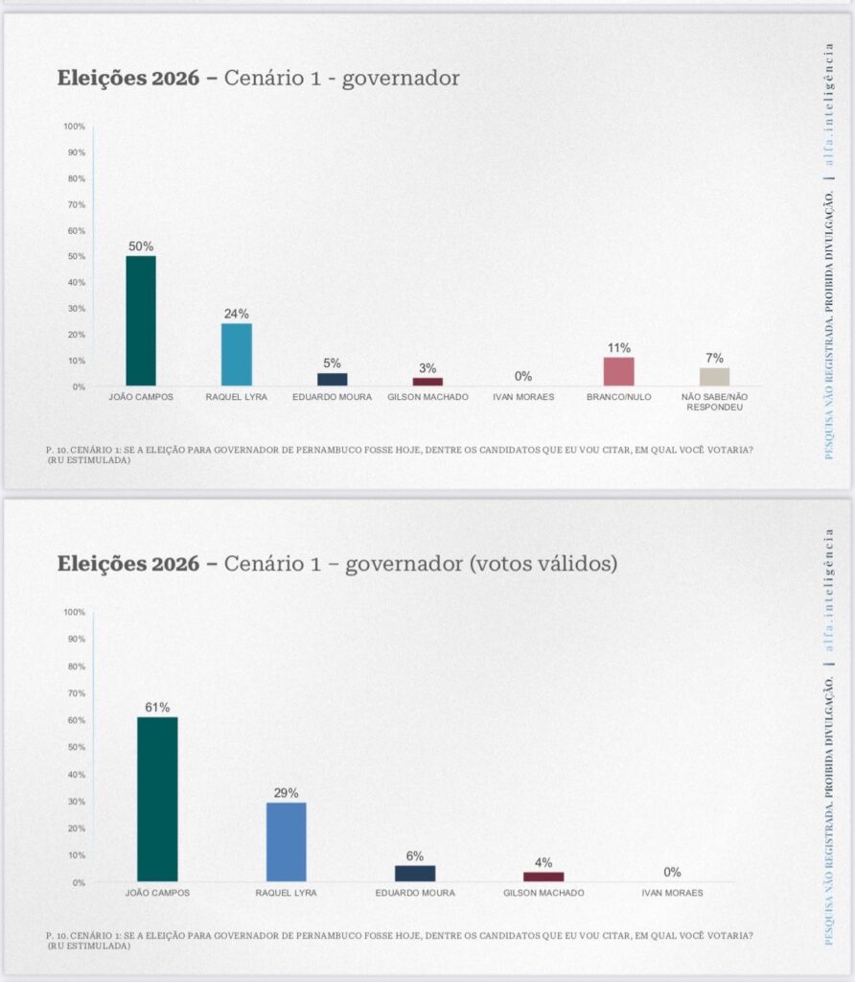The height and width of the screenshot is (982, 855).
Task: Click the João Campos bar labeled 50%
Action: click(x=140, y=321)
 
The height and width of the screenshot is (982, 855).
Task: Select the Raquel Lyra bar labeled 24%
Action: click(x=236, y=355)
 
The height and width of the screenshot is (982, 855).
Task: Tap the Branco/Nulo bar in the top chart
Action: click(x=618, y=371)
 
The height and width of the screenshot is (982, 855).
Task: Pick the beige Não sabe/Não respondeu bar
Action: click(x=714, y=377)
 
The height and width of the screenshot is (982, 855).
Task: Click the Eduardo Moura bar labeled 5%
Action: click(x=332, y=380)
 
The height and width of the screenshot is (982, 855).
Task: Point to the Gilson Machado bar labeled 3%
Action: click(x=427, y=382)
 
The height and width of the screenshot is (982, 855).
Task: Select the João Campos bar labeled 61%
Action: click(x=157, y=799)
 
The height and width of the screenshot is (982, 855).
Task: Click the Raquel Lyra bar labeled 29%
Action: click(x=286, y=842)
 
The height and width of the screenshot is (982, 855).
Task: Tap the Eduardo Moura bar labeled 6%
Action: click(x=414, y=874)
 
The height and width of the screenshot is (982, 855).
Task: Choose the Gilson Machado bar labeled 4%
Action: click(x=543, y=877)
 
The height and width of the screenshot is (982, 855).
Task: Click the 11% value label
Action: click(x=618, y=348)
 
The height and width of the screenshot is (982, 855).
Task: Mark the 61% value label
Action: click(x=157, y=708)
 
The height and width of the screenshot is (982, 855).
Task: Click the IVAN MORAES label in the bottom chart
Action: click(x=671, y=893)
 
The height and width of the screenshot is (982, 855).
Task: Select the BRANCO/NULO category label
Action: click(x=618, y=396)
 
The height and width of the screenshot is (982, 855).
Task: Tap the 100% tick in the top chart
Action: click(x=75, y=127)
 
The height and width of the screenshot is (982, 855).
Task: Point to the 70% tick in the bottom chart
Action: click(x=76, y=693)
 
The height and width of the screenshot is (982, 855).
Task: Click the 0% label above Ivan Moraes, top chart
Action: click(x=523, y=377)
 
